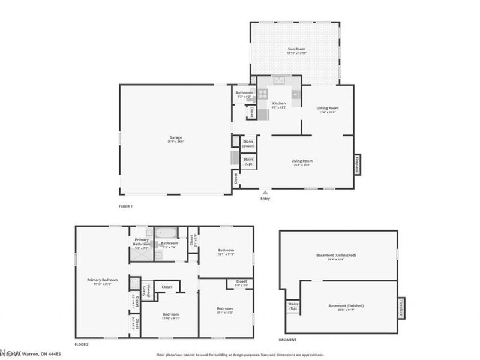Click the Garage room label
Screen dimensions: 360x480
tap(175, 139)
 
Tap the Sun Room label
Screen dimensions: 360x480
tap(297, 51)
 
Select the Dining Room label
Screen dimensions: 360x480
tap(328, 109)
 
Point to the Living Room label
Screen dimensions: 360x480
tap(302, 161)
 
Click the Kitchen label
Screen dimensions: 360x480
tap(279, 105)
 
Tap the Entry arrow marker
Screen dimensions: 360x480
tap(265, 193)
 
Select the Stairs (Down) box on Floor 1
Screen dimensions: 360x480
tap(248, 144)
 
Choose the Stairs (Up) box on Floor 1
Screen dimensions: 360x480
tap(248, 161)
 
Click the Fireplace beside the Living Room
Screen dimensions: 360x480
tap(357, 164)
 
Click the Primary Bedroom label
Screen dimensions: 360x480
tap(102, 281)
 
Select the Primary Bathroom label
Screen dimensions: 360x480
tap(142, 242)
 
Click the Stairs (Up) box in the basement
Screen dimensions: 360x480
tap(293, 308)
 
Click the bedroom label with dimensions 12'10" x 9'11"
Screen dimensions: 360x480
tap(170, 316)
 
